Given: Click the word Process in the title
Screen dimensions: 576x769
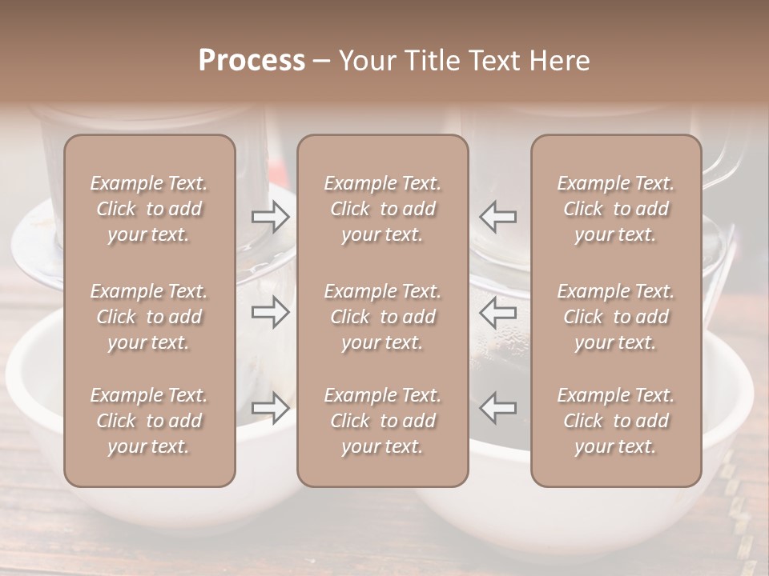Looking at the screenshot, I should point(252,61).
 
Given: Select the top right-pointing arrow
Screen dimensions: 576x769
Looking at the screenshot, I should point(271,216).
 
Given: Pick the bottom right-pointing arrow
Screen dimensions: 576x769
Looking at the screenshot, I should point(271,407).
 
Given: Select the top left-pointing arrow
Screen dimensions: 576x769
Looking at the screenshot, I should point(497,216).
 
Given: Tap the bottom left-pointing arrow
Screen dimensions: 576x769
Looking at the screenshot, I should point(497,407).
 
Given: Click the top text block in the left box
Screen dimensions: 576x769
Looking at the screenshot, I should point(149,209).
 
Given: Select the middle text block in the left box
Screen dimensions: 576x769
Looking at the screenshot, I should point(149,317).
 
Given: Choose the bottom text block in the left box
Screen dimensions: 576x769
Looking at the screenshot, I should point(149,421).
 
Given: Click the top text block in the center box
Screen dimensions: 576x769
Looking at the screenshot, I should point(382,209).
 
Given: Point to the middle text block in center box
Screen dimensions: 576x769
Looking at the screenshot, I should point(382,317).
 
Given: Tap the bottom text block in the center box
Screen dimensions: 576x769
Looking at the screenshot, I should point(382,421).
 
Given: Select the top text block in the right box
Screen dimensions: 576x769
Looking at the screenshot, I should point(615,209).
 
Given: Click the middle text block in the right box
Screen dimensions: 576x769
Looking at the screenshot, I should point(615,317).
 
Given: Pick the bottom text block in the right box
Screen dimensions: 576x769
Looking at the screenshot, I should point(615,421).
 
